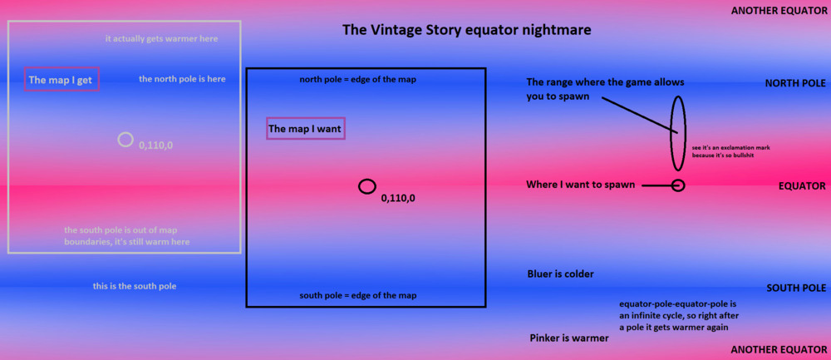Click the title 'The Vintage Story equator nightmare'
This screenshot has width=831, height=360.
[467, 31]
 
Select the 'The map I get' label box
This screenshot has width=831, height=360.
[62, 80]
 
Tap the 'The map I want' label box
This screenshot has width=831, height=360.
[305, 129]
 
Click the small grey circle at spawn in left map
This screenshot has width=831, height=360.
[125, 140]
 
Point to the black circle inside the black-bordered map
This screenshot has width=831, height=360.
[366, 186]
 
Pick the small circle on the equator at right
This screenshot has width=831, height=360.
[677, 185]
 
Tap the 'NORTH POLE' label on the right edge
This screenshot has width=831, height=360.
[794, 84]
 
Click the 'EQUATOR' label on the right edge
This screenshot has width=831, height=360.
[801, 186]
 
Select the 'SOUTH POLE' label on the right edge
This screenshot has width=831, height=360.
[794, 288]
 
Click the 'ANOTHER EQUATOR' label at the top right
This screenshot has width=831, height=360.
[778, 11]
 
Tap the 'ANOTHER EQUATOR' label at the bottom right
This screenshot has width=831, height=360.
[778, 350]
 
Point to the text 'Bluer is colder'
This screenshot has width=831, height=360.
[560, 274]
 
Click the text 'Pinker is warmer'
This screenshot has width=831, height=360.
[569, 338]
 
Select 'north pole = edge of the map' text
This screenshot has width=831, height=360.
[357, 80]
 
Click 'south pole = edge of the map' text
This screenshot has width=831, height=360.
[357, 296]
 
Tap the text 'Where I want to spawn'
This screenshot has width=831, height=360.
[581, 185]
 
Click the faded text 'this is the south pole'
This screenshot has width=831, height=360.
[135, 286]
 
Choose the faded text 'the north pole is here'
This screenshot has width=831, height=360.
[182, 79]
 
